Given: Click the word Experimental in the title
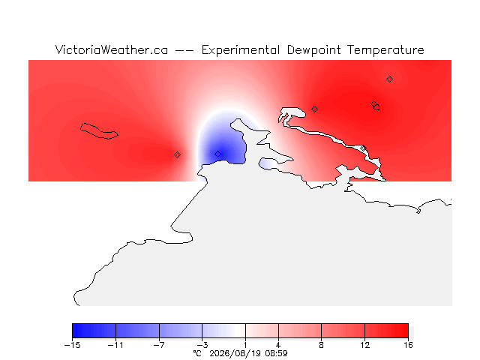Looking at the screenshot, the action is (241, 50).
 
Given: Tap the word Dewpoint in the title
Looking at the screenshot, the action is (313, 50).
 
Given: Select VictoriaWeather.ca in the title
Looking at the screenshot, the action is (112, 50).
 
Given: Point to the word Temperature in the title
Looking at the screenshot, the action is (385, 50).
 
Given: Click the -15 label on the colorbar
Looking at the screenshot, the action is (72, 345).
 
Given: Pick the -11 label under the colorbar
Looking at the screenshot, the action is (115, 345).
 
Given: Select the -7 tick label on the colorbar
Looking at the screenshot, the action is (159, 345).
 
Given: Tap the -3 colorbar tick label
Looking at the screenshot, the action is (202, 345).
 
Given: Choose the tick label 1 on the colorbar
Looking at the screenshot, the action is (245, 345).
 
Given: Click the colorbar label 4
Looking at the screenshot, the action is (278, 345).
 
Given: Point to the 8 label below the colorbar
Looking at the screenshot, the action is (322, 345).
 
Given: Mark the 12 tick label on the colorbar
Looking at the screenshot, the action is (365, 345).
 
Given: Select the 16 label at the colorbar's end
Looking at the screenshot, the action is (408, 345).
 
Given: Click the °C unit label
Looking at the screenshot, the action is (197, 353).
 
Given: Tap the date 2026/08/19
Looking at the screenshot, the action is (235, 353).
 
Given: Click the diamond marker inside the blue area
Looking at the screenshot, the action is (217, 154).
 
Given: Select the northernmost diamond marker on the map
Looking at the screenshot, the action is (389, 79).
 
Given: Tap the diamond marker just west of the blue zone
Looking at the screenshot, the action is (177, 155).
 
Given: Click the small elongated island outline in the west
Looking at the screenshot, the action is (99, 131).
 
